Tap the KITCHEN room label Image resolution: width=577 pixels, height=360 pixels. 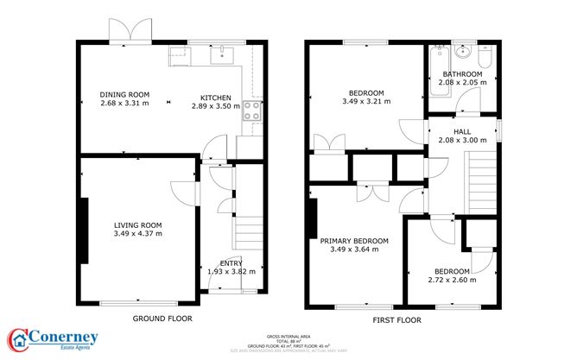[x=216, y=97]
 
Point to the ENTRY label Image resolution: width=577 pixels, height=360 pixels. [x=231, y=262]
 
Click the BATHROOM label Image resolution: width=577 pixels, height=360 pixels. [x=462, y=74]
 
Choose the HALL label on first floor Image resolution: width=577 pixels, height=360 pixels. [x=462, y=130]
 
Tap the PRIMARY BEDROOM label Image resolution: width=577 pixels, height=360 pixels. [x=354, y=241]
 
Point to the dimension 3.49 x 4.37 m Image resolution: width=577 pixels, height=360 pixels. [x=138, y=233]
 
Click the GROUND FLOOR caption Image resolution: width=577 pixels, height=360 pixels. [x=161, y=319]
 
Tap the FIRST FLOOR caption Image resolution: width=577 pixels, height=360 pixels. [x=398, y=319]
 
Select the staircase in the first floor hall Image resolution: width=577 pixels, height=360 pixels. [x=482, y=177]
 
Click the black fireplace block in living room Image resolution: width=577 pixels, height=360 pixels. [x=85, y=230]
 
